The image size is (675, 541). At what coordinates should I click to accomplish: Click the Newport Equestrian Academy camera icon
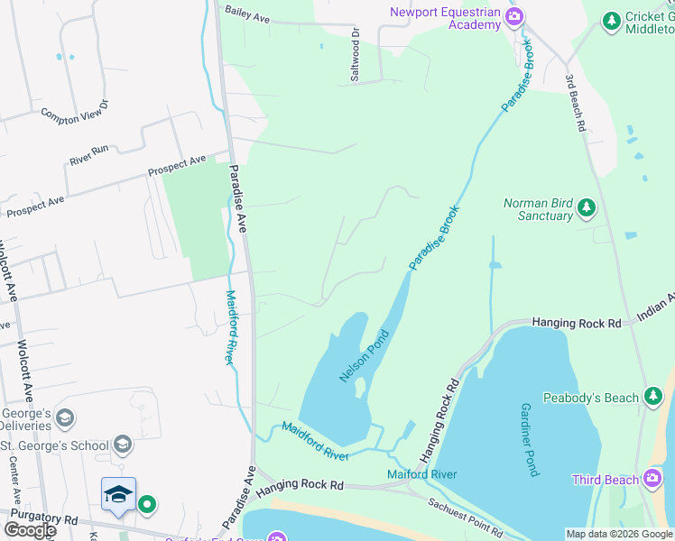coord(514,16)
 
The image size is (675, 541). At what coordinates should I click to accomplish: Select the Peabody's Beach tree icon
coord(652,397)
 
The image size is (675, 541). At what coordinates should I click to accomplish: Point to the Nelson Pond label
coord(364,355)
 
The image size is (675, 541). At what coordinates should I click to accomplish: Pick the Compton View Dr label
coord(74,112)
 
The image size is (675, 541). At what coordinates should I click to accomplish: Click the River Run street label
coord(88,155)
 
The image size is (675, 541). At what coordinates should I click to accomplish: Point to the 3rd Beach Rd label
coord(574,104)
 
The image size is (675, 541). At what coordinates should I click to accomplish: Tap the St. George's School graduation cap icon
coord(123,445)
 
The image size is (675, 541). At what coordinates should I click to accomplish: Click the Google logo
coord(29,530)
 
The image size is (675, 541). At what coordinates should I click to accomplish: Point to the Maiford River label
coord(421,474)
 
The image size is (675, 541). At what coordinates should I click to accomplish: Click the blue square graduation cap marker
coord(118,494)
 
